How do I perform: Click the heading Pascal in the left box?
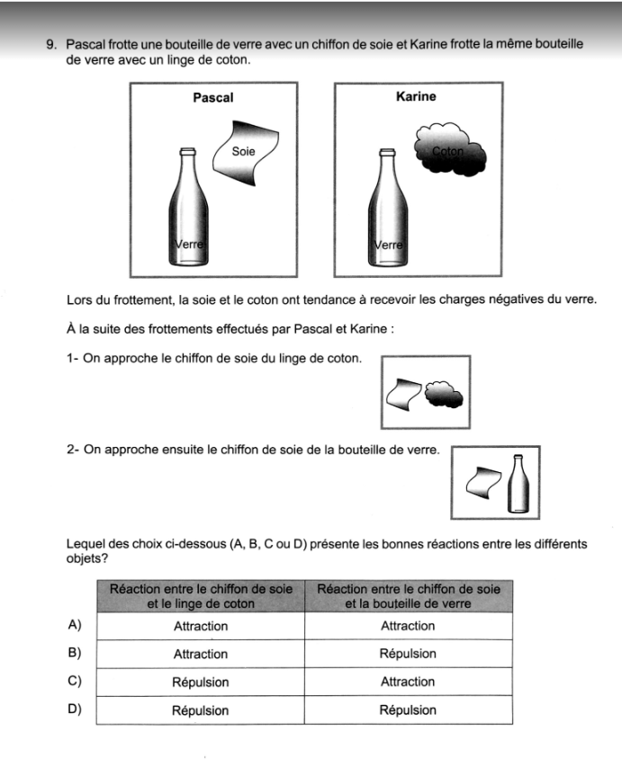tap(213, 97)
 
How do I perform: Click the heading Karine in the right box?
tap(415, 96)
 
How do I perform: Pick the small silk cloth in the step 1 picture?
tap(402, 393)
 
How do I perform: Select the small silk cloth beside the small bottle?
tap(485, 484)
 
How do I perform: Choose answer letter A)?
tap(75, 625)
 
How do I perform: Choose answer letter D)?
tap(75, 709)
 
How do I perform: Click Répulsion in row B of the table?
tap(408, 654)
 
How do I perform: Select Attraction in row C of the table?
tap(408, 682)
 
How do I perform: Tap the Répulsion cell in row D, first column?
tap(200, 709)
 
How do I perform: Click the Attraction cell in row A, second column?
tap(408, 626)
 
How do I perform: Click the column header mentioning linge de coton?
tap(200, 595)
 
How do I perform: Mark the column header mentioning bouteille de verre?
tap(408, 595)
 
